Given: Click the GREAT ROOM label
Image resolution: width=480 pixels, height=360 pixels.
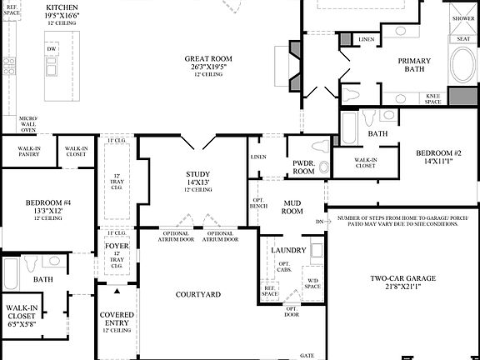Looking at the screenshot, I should click(x=208, y=58).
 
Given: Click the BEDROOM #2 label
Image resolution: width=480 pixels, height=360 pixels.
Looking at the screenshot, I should click(x=439, y=153).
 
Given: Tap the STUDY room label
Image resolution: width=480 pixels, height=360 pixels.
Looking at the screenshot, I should click(x=198, y=174).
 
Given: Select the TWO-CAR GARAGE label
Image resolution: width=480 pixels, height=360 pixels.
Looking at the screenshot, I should click(x=403, y=279).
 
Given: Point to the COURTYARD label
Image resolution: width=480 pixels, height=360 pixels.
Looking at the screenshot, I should click(x=198, y=294).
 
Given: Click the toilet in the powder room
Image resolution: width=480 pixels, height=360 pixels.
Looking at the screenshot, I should click(x=324, y=167).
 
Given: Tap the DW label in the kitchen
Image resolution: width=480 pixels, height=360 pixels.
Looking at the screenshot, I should click(x=52, y=49).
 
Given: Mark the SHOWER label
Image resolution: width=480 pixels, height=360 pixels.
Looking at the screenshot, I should click(x=462, y=17).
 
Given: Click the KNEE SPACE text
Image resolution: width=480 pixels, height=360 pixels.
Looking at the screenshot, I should click(x=433, y=98).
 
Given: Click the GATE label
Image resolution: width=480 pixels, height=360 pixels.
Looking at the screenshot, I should click(x=307, y=354).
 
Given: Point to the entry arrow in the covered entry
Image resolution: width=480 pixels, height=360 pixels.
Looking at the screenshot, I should click(x=117, y=292).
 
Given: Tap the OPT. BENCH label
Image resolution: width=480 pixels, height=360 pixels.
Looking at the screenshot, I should click(x=258, y=205).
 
